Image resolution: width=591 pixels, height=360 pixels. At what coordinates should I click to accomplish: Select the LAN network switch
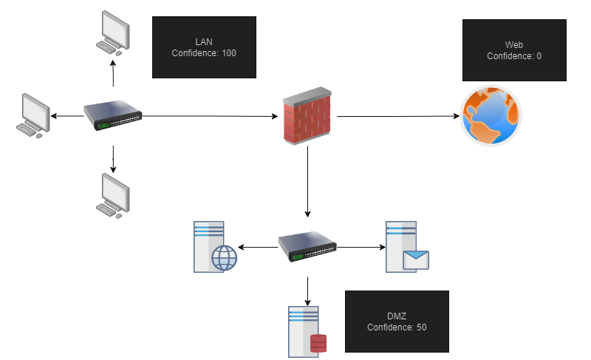[x=112, y=116]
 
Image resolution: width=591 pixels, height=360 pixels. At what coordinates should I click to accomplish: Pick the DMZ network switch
[x=307, y=247]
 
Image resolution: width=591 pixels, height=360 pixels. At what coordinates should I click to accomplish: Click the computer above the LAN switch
[x=113, y=32]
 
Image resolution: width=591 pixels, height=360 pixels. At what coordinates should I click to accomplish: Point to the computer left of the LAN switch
[x=32, y=115]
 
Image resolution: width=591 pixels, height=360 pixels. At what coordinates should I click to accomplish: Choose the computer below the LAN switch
[x=113, y=195]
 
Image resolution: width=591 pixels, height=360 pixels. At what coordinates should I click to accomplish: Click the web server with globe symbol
[x=212, y=247]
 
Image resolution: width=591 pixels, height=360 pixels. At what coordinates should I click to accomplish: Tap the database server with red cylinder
[x=307, y=331]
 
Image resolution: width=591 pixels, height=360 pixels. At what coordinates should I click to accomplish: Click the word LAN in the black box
[x=204, y=41]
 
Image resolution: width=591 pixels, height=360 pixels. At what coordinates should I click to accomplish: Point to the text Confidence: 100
[x=204, y=53]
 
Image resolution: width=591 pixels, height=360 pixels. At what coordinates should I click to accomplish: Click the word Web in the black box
[x=514, y=44]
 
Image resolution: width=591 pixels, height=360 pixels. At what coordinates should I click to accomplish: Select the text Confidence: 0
[x=514, y=56]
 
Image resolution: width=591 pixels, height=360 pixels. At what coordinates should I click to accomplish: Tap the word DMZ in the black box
[x=397, y=316]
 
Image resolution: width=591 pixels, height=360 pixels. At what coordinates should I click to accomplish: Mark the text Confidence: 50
[x=397, y=327]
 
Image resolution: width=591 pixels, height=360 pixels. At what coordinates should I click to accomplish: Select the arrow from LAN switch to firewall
[x=211, y=116]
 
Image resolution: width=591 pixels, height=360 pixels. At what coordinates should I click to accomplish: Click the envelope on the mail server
[x=416, y=259]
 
